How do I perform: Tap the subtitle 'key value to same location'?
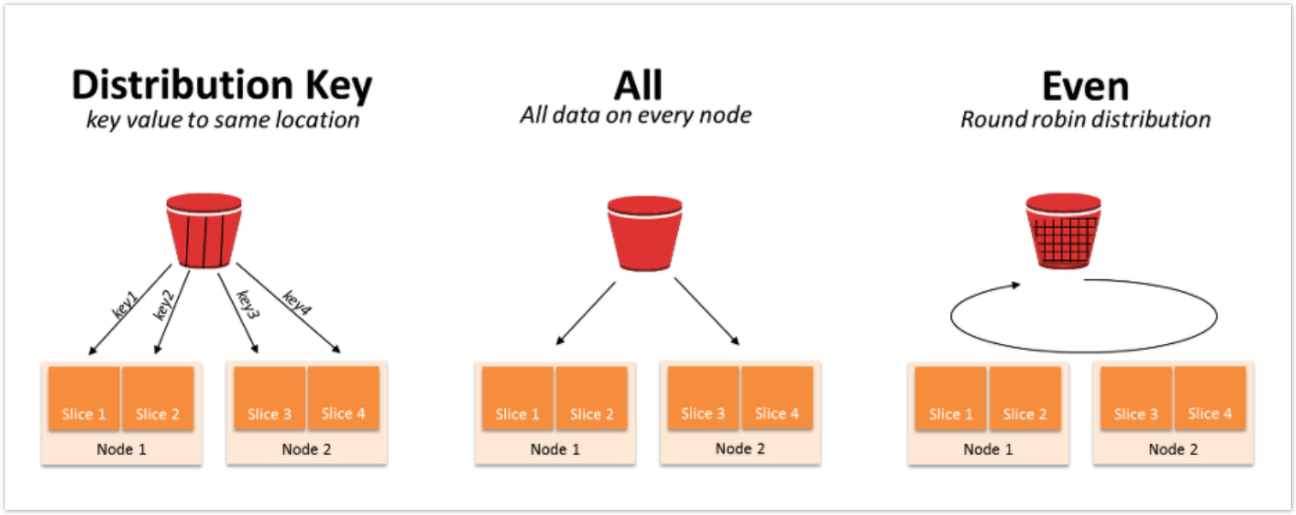[223, 120]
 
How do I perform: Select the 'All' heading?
[638, 86]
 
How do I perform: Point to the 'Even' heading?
[1085, 86]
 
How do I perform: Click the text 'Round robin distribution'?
[1085, 119]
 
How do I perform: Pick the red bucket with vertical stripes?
[204, 231]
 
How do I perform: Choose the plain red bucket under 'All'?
[645, 234]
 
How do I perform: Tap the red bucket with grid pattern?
[1063, 231]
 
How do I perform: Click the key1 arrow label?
[126, 305]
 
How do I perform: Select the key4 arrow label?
[297, 303]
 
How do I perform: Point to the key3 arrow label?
[248, 305]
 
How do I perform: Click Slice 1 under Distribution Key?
[84, 399]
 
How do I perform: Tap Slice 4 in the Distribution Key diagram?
[343, 398]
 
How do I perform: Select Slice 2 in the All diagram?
[592, 399]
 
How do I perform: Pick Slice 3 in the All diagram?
[704, 398]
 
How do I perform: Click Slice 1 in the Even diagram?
[950, 399]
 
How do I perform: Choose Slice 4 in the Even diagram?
[1210, 398]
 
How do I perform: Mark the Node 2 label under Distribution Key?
[306, 450]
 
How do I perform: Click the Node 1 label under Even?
[988, 450]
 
